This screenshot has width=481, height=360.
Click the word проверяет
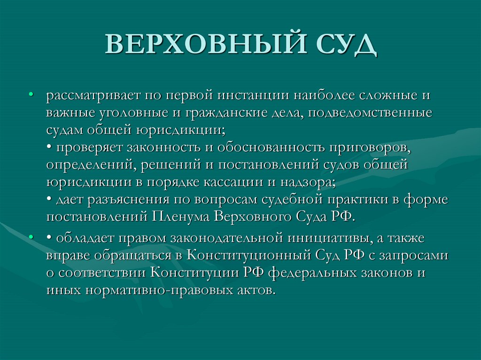pyautogui.click(x=89, y=148)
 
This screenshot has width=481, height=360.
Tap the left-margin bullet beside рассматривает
pyautogui.click(x=31, y=94)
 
